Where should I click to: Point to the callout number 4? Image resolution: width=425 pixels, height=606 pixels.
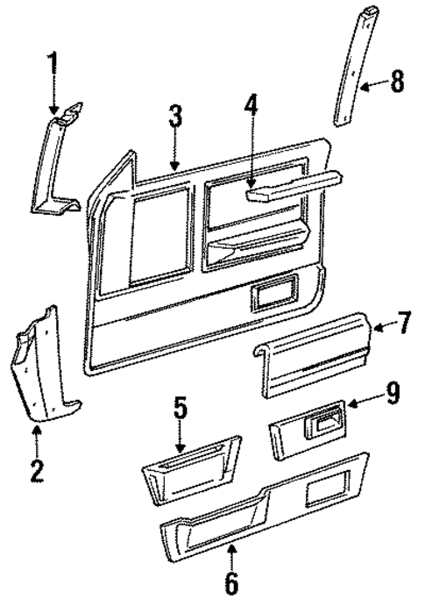[251, 108]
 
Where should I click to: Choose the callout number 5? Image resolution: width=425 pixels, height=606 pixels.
[179, 409]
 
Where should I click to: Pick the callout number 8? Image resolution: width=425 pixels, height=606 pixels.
[398, 84]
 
